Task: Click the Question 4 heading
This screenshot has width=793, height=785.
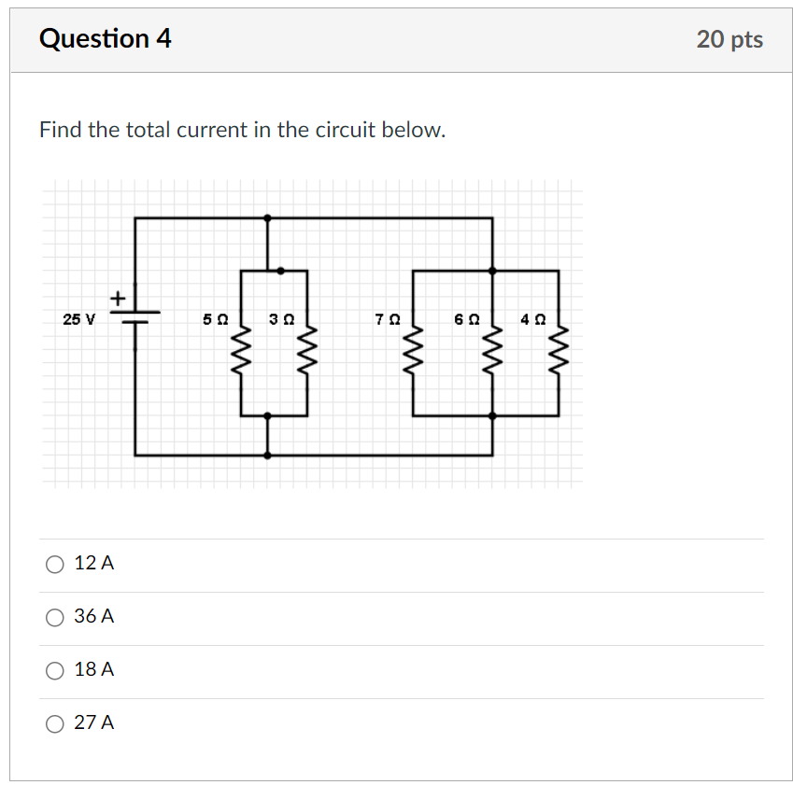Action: pos(106,39)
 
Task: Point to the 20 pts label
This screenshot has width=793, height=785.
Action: pos(729,39)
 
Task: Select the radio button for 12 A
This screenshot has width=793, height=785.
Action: pos(55,564)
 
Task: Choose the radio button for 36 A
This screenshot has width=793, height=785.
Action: pos(55,617)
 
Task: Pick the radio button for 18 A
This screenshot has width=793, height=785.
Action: pos(55,670)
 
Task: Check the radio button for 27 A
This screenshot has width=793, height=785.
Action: pos(55,723)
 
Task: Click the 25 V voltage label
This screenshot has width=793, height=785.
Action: pos(78,319)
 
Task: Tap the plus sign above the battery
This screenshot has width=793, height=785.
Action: pos(118,298)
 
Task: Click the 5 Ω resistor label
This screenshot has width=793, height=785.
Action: pos(215,319)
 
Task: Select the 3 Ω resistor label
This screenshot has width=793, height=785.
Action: pos(281,319)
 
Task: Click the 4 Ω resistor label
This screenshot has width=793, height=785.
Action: pos(532,319)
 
